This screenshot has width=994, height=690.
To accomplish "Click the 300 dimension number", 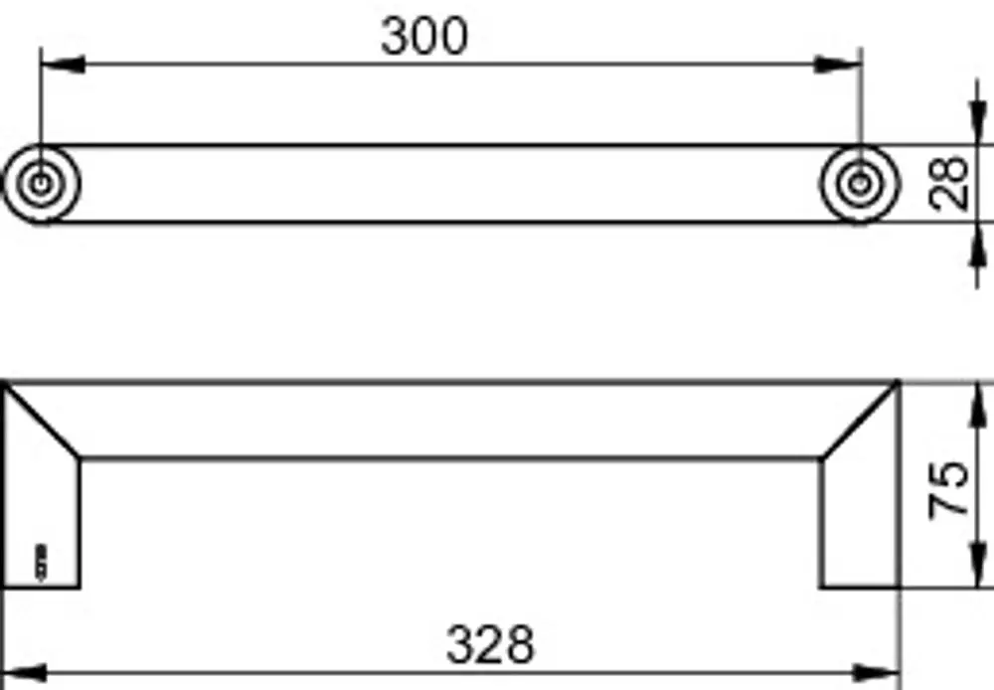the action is tap(424, 36).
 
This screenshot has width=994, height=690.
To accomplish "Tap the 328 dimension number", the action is tap(491, 645).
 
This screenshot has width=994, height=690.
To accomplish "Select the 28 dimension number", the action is tap(948, 184).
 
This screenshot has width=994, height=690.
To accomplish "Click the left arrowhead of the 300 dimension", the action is tap(63, 64).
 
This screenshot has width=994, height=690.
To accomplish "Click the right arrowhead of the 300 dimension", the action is tap(838, 64).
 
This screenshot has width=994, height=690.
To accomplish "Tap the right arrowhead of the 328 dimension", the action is tap(877, 673).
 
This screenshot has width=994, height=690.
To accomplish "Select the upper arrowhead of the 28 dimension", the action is tap(979, 123).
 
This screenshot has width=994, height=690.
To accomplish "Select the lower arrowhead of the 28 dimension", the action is tap(979, 245).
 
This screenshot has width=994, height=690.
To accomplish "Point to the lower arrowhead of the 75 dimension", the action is tap(979, 566).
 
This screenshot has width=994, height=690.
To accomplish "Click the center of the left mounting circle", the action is tap(41, 184).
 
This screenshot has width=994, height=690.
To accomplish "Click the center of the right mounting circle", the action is tap(860, 184).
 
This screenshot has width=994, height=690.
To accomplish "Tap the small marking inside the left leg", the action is tap(41, 562).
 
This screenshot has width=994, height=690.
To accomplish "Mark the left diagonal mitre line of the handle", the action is tap(42, 421).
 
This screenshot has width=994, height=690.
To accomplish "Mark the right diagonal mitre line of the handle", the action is tap(860, 421).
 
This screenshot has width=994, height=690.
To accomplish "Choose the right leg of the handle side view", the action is tap(860, 521).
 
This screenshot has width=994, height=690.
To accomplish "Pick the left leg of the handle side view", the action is tap(42, 521).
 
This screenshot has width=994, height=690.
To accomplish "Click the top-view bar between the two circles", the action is tap(450, 184).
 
